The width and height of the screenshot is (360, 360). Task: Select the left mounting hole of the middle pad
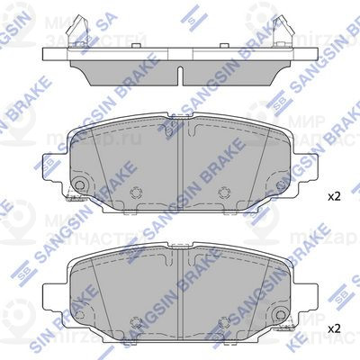(78, 187)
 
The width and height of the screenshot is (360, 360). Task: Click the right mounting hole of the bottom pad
(282, 317)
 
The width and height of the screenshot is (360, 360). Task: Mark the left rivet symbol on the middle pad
(137, 192)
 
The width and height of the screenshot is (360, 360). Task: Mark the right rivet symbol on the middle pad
(224, 192)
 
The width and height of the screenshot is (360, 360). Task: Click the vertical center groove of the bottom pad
(181, 297)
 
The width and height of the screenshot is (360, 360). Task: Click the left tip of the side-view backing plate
(41, 56)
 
